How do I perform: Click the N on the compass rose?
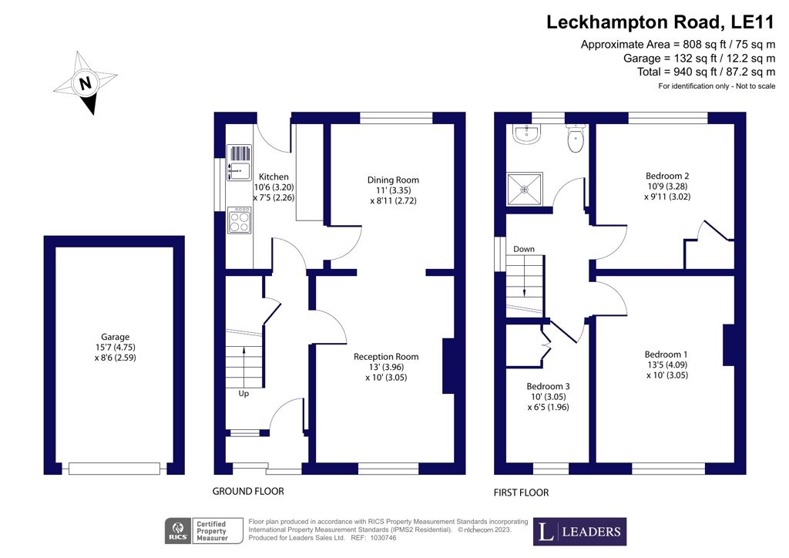point(86,82)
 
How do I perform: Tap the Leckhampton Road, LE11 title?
point(660,22)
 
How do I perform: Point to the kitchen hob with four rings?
point(239,220)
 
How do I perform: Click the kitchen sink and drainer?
point(239,163)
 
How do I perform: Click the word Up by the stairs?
point(243,394)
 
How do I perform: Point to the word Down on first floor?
point(524,249)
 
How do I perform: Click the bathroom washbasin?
point(527,133)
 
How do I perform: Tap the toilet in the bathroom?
point(575,138)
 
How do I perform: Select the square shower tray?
point(525,189)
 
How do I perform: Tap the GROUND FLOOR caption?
point(248,491)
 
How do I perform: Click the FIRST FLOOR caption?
point(522,492)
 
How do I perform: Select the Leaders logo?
point(579,532)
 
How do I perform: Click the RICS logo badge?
point(178,531)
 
